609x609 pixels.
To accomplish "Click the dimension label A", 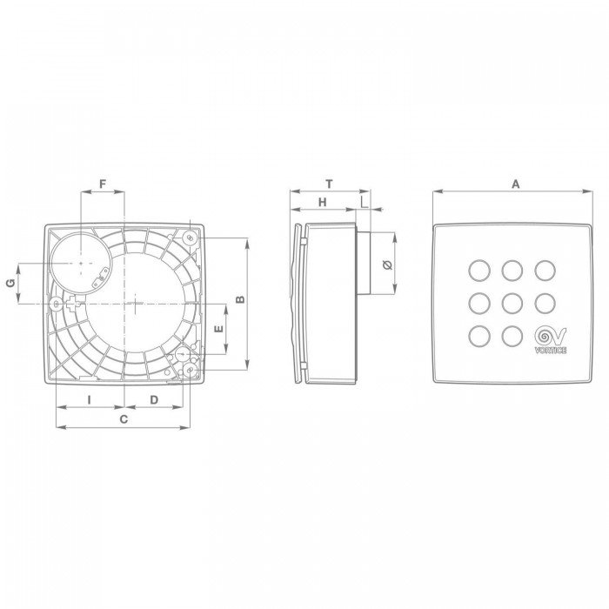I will (x=515, y=184).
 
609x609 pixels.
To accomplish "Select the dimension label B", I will (x=241, y=299).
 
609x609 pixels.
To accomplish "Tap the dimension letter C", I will (x=124, y=419).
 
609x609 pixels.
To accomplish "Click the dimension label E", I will (x=219, y=330).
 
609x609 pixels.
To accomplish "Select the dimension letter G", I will (x=11, y=284).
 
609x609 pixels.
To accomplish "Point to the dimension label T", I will (x=329, y=184).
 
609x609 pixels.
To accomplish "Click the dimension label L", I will (x=364, y=202).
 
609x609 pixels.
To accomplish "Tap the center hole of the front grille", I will (x=512, y=303).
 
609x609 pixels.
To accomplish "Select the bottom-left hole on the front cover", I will (x=478, y=335).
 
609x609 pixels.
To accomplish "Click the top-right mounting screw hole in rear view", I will (x=191, y=237).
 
